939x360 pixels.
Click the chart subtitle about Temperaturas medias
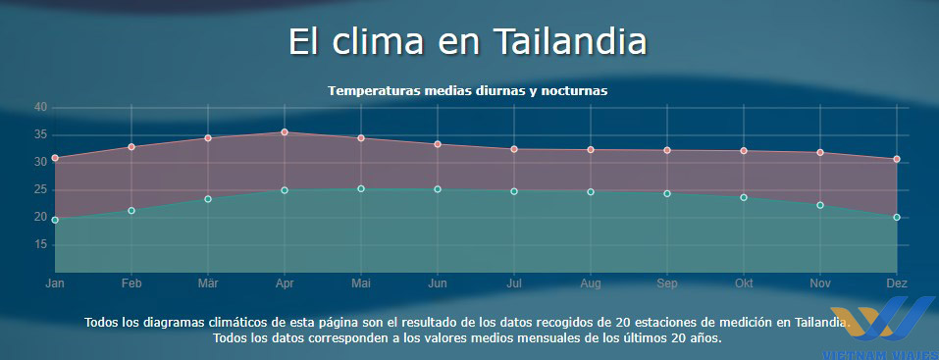468,90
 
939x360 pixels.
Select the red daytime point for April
285,132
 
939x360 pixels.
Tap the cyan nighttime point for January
55,220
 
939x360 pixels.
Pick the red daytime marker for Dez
897,159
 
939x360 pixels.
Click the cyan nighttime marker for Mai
361,188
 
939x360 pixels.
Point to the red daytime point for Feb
131,147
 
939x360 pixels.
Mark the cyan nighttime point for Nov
820,205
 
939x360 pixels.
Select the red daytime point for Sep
667,150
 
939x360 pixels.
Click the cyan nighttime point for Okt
744,197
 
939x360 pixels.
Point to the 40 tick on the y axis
41,107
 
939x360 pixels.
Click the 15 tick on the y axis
41,244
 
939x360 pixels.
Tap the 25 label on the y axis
41,189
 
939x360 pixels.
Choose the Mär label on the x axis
208,283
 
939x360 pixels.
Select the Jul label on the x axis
514,283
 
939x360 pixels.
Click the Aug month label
591,283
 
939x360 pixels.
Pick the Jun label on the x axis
438,283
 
